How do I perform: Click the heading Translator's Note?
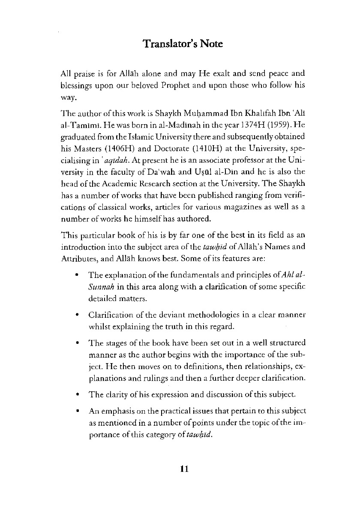(183, 44)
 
